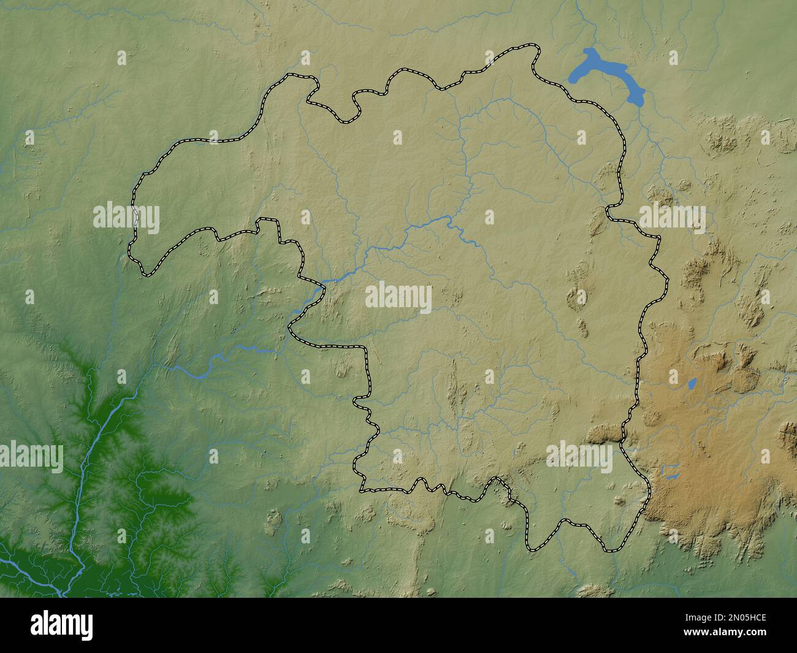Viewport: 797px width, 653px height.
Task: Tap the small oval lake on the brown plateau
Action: pos(692,384)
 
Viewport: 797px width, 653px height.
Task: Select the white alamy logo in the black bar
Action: pos(62,625)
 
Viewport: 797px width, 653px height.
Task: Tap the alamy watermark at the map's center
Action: pos(398,298)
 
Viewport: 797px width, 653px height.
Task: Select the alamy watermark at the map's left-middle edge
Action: pos(126,218)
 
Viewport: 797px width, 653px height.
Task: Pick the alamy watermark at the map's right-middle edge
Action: pos(672,218)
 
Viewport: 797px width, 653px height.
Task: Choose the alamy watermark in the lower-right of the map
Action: pos(579,457)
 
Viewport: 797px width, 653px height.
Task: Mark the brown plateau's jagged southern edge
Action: pos(705,546)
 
